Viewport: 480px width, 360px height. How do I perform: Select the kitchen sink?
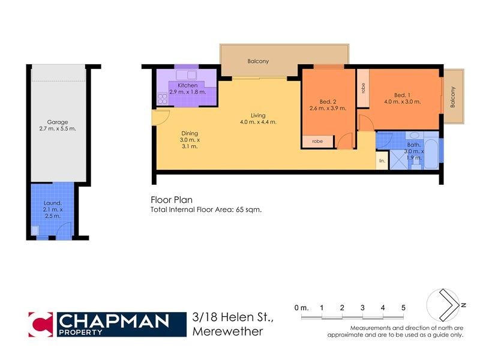coord(193,75)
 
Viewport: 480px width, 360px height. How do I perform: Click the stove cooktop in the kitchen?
coord(162,98)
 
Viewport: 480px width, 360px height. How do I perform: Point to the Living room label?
coord(258,115)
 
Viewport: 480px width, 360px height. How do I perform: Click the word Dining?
coord(190,133)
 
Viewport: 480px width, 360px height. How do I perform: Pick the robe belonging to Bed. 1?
coord(363,88)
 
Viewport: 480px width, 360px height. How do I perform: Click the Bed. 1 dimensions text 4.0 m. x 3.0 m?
coord(402,102)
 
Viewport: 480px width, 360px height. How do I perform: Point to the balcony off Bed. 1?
coord(454,97)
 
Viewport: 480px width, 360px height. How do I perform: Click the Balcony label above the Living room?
coord(258,61)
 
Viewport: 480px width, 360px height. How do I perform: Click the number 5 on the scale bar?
coord(403,308)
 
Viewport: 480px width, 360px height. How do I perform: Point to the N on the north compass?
coord(464,305)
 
